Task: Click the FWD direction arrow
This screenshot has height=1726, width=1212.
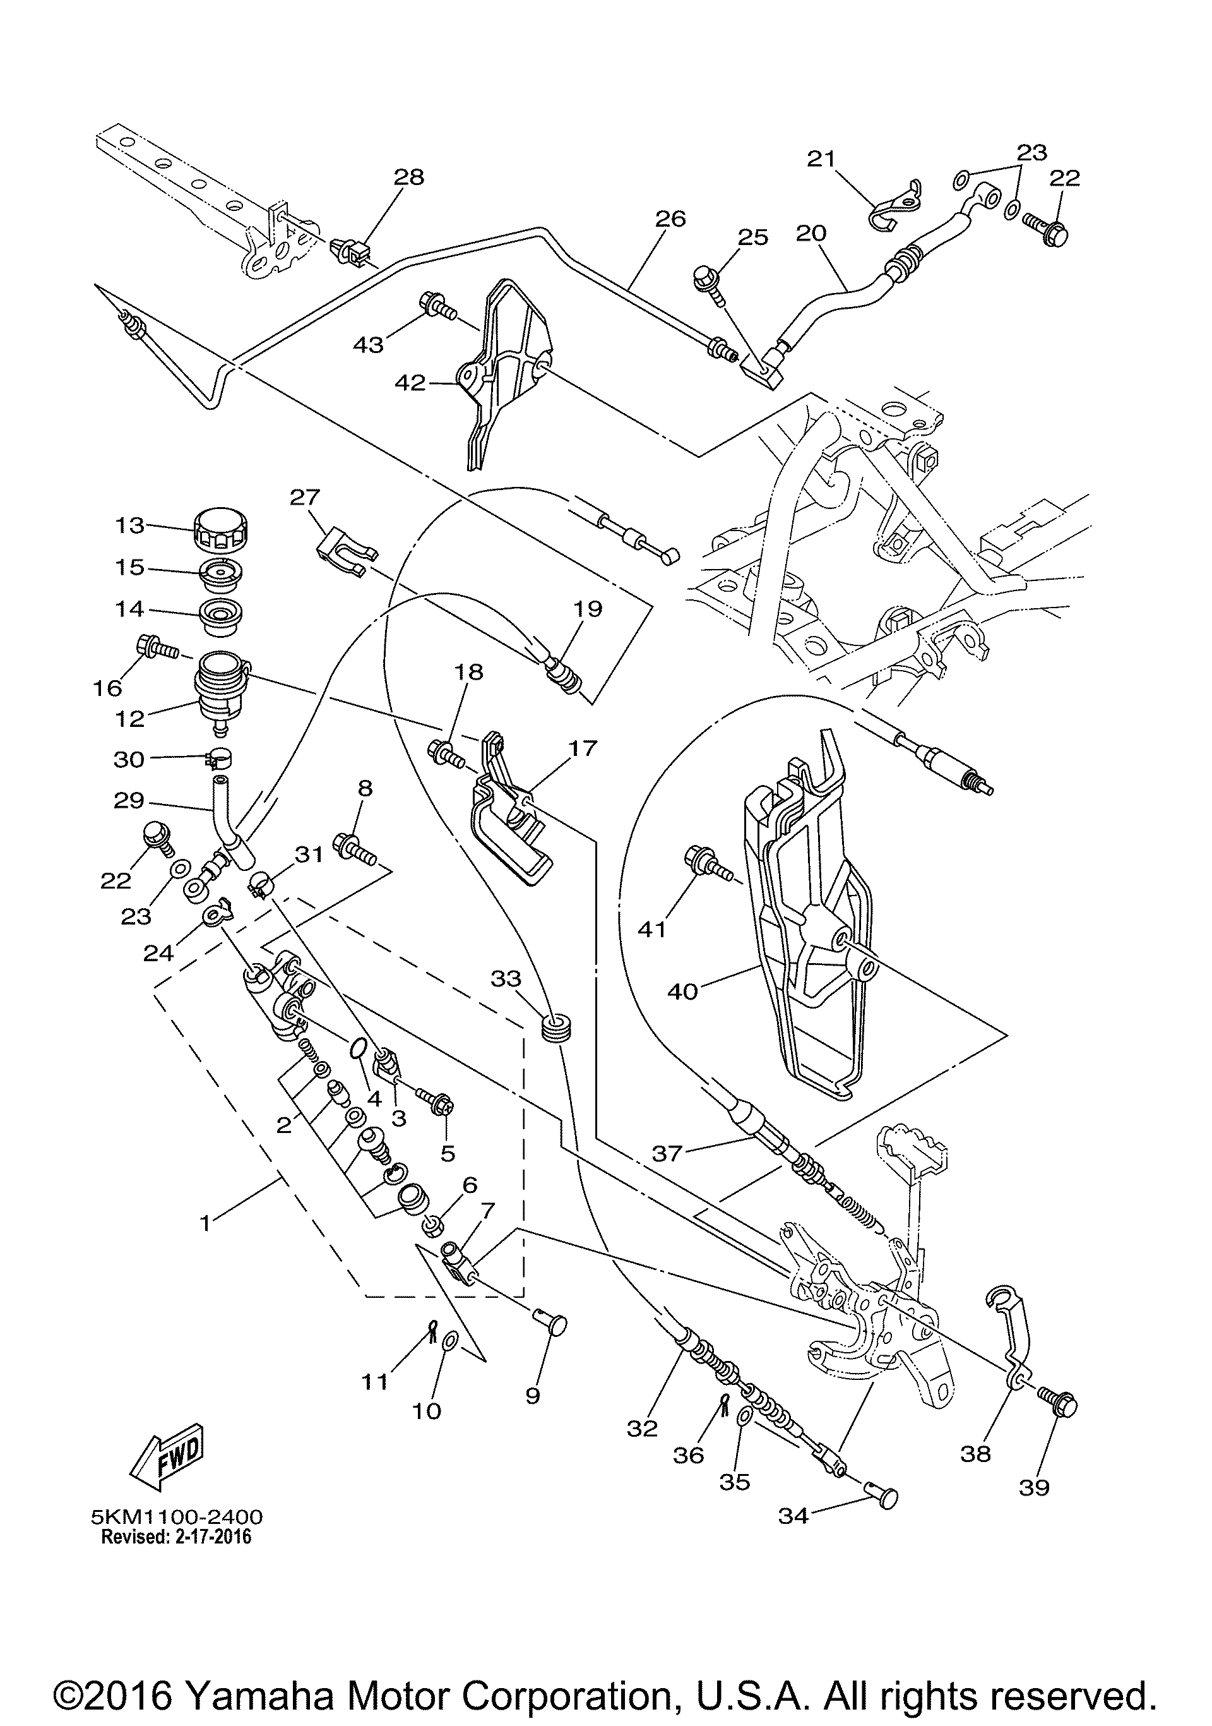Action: pyautogui.click(x=167, y=1464)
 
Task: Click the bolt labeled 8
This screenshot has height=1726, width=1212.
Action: pyautogui.click(x=355, y=848)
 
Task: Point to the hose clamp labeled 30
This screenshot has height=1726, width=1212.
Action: pyautogui.click(x=218, y=758)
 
